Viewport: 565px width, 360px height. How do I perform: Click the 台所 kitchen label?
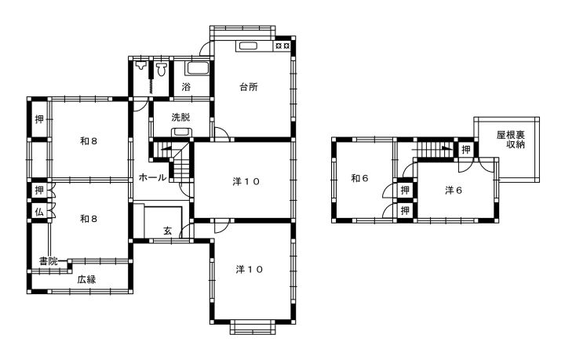click(249, 87)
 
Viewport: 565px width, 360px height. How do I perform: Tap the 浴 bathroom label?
click(186, 87)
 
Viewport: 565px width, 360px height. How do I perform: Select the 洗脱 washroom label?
click(181, 117)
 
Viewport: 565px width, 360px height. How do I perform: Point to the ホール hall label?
click(152, 177)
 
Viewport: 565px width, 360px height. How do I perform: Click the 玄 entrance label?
click(168, 231)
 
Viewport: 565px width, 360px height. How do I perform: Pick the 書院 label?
click(49, 261)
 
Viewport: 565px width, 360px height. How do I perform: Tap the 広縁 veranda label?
click(86, 279)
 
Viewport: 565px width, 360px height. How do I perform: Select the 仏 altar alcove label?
click(39, 212)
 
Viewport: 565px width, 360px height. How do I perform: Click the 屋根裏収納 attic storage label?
click(511, 140)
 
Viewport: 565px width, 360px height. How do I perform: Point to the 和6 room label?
click(360, 178)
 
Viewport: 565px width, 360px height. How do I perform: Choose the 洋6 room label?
click(454, 190)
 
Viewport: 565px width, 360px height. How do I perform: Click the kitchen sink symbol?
click(247, 46)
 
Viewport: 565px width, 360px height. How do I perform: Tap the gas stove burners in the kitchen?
click(282, 46)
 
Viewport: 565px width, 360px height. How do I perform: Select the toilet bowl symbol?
click(162, 69)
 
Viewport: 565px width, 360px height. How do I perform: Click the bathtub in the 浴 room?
click(197, 68)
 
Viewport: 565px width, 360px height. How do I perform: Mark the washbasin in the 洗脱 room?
click(181, 132)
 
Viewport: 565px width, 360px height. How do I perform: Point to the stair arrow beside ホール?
click(166, 147)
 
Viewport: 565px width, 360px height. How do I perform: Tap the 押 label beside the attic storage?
click(466, 149)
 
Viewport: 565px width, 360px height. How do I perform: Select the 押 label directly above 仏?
click(39, 189)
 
